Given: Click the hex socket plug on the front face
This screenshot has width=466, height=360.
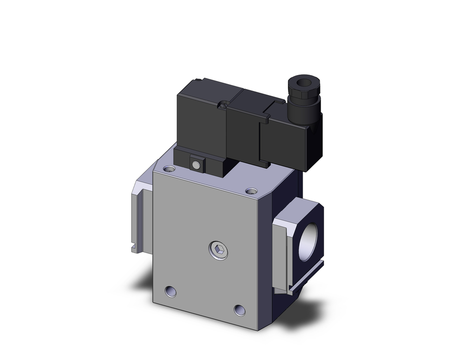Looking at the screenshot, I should click(219, 252).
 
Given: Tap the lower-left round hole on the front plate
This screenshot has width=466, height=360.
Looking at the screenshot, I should click(170, 291).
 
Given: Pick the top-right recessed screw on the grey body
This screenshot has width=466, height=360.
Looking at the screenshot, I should click(251, 191).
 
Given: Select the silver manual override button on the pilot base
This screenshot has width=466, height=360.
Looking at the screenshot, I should click(198, 165).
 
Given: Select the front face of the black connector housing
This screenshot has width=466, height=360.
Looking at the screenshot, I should click(284, 140).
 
